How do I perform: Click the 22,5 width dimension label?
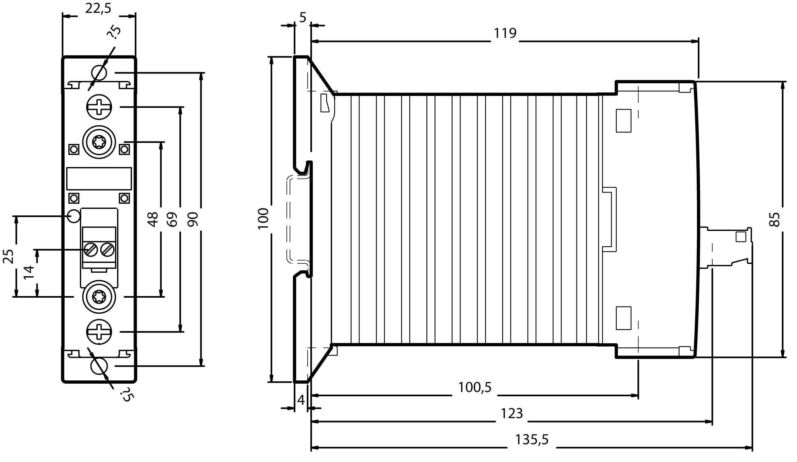98,9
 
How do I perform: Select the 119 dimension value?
505,33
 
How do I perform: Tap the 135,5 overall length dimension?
532,439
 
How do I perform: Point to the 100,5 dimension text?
475,387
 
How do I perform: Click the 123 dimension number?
511,413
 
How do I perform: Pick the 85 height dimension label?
774,219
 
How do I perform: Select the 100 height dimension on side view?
263,218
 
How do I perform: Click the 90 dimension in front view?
193,219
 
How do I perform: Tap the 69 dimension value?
173,219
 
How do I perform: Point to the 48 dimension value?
153,219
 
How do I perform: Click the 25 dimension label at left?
8,256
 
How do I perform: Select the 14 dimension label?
29,272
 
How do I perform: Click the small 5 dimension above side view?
303,17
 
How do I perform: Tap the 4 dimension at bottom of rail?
301,400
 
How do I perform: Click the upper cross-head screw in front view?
99,107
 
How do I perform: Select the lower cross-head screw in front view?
99,332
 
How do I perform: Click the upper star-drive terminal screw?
99,142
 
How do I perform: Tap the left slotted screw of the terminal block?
91,250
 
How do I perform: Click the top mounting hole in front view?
99,73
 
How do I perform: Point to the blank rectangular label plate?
99,178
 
